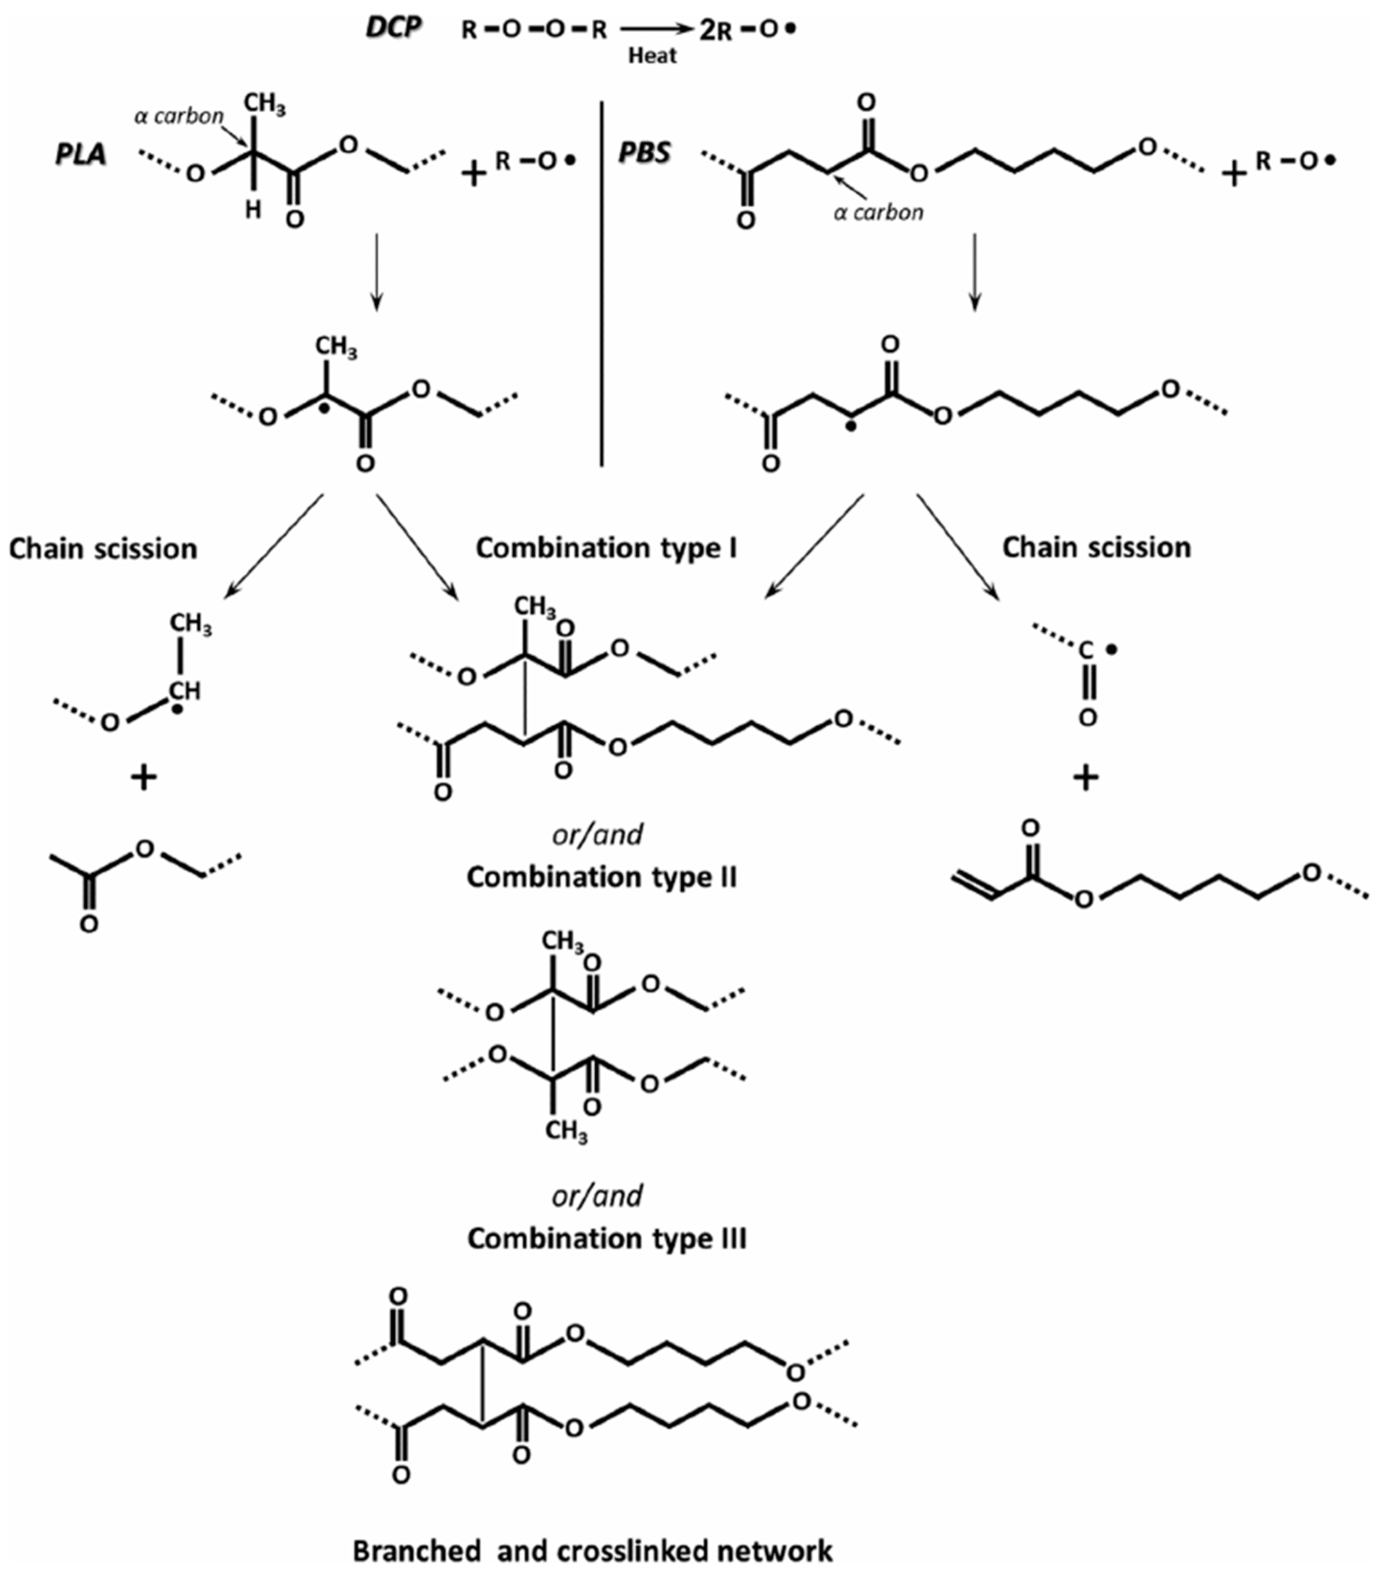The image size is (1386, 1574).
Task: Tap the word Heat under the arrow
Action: (x=652, y=55)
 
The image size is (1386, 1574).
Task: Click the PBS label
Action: (x=645, y=153)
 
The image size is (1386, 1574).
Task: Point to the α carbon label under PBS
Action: (x=879, y=212)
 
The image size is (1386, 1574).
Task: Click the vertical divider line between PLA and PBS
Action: (x=601, y=285)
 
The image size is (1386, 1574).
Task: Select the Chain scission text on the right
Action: (x=1097, y=547)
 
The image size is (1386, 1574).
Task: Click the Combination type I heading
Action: (x=606, y=547)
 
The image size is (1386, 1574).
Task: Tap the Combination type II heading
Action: (x=601, y=876)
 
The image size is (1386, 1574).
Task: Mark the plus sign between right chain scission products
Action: (x=1086, y=778)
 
